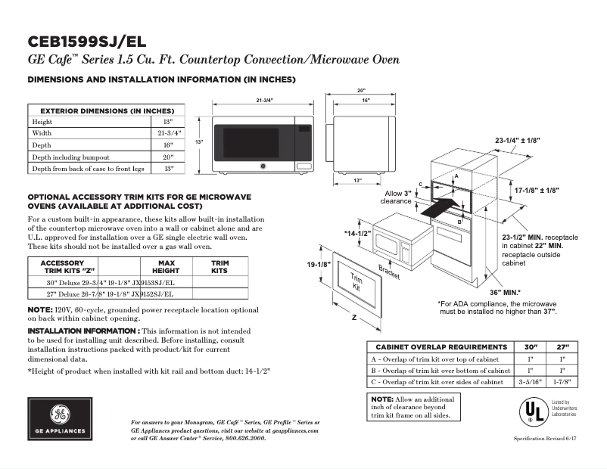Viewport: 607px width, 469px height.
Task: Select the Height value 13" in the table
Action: (168, 121)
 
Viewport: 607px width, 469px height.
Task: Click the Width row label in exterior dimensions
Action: (42, 132)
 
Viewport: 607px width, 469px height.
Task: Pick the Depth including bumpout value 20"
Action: (168, 157)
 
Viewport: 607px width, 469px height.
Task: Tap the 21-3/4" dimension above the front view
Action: (264, 101)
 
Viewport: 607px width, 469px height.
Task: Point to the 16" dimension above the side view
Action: (366, 101)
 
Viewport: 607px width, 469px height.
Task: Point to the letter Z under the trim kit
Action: (354, 319)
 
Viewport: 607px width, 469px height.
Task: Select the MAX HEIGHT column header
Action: (165, 266)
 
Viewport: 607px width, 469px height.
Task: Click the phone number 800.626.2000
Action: (241, 437)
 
